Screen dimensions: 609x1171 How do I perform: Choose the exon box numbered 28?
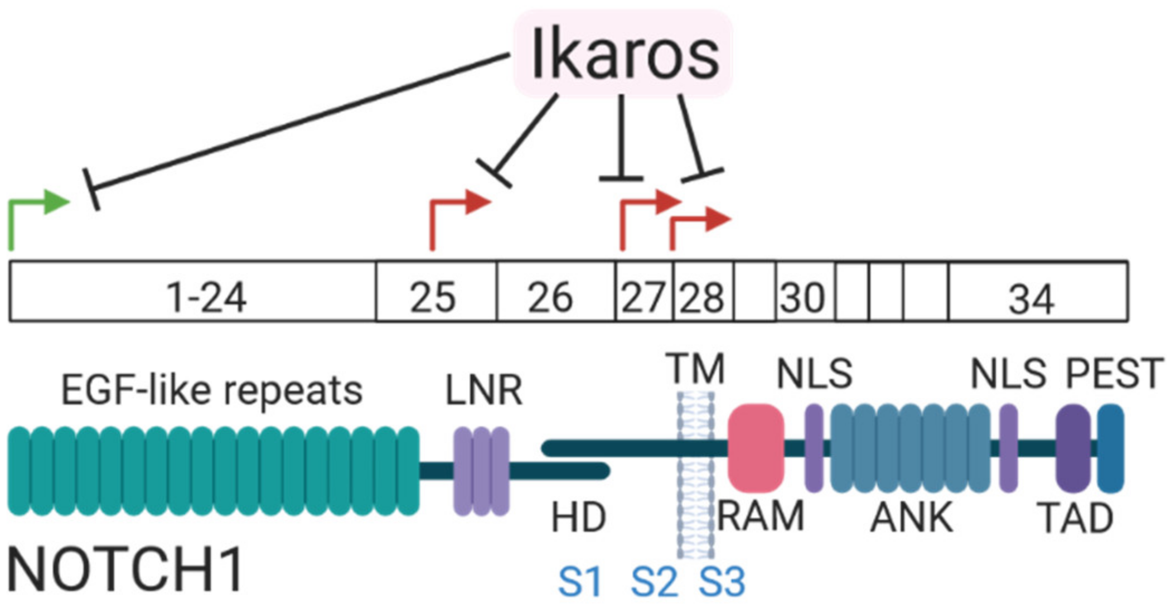point(702,292)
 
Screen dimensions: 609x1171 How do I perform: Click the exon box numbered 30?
point(804,292)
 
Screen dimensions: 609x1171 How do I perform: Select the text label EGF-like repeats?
point(212,390)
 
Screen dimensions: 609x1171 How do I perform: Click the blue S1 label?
point(580,582)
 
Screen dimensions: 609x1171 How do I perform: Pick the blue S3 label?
point(722,582)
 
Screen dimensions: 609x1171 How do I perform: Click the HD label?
point(578,518)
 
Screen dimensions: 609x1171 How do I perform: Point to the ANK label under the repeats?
point(911,518)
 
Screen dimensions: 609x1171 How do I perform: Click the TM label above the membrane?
point(698,369)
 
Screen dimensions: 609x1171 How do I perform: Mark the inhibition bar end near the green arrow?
point(91,188)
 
